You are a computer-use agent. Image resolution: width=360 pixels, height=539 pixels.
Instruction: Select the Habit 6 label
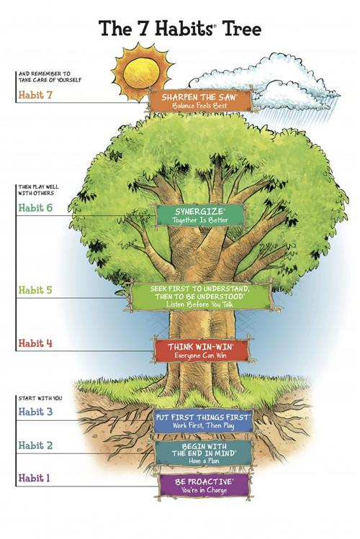[35, 207]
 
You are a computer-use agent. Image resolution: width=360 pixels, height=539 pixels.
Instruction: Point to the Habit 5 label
[35, 291]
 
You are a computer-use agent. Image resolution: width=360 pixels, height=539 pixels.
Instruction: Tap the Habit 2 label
[35, 445]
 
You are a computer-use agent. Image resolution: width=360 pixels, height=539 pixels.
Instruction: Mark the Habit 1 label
[35, 478]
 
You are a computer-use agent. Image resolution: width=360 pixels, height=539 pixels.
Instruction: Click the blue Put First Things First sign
[202, 420]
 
